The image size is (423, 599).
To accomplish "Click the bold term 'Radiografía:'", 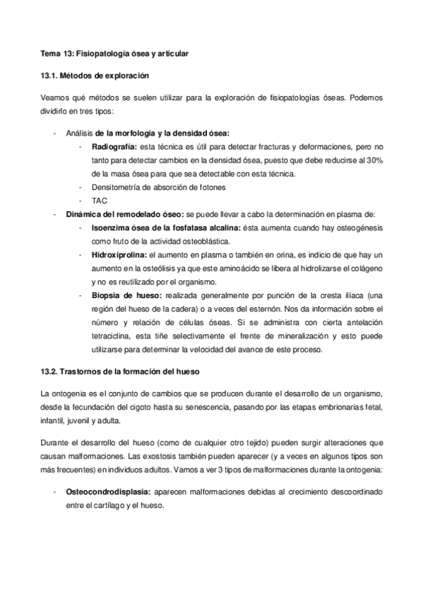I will pos(114,147).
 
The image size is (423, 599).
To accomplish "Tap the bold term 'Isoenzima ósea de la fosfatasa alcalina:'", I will pos(166,227).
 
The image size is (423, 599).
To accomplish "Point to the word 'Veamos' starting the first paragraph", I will pos(56,98).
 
